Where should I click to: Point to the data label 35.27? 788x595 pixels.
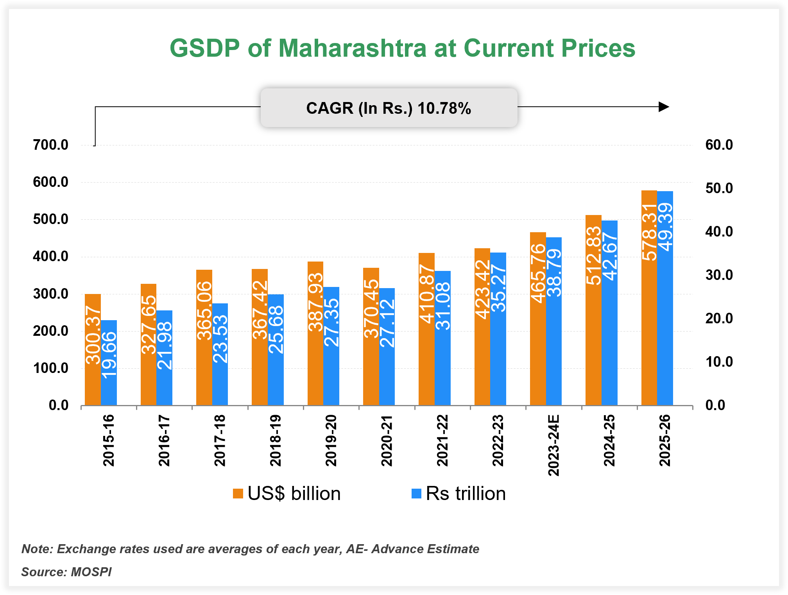pos(498,288)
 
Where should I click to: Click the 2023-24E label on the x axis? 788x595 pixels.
pos(553,445)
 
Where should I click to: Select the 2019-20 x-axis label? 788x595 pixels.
pos(331,441)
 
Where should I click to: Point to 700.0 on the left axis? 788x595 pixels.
pos(51,145)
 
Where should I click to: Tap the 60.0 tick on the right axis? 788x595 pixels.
pos(719,145)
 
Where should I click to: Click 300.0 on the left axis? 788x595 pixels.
pos(51,294)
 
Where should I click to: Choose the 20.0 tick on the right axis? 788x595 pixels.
pos(719,319)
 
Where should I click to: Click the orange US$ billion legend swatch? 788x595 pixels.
pos(238,494)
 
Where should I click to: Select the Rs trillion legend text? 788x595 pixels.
pos(466,494)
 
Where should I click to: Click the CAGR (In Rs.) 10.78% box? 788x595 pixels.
pos(389,108)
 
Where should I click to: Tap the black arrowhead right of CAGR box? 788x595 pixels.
pos(663,107)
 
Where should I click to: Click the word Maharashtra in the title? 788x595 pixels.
pos(352,48)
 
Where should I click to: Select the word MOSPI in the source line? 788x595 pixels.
pos(91,572)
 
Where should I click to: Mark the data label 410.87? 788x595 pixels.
pos(427,294)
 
